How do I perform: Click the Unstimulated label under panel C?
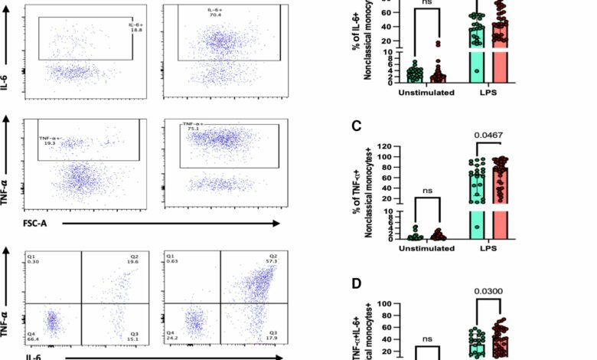pyautogui.click(x=420, y=249)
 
